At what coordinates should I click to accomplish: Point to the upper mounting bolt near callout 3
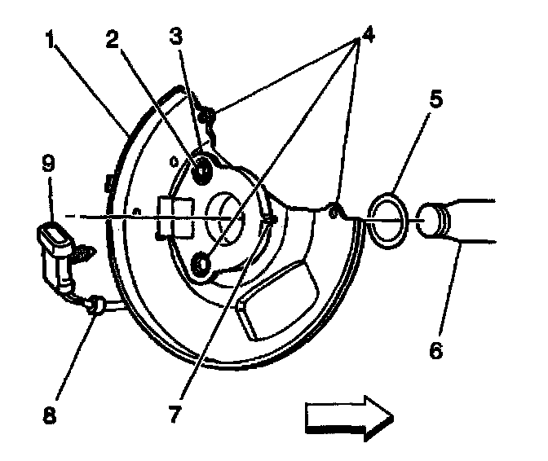point(202,169)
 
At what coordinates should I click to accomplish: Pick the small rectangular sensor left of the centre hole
point(176,216)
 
